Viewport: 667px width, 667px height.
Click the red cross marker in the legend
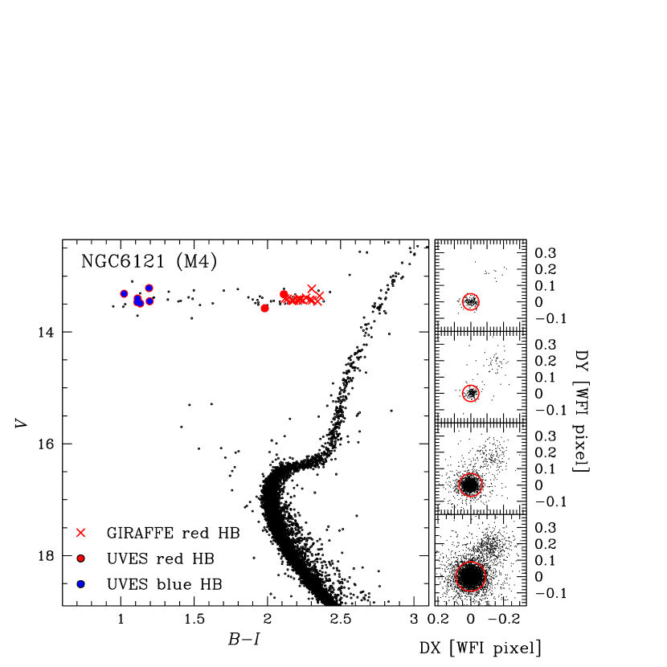[80, 533]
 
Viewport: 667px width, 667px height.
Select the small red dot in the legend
[80, 558]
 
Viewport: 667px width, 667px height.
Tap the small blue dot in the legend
[80, 583]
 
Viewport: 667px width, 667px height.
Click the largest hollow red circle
[471, 576]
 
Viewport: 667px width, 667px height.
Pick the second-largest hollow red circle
[471, 485]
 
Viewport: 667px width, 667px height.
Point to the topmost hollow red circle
[471, 301]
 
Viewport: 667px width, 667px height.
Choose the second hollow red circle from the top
[471, 393]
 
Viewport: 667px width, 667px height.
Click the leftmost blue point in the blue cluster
[124, 293]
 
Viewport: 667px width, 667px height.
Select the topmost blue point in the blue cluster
[149, 288]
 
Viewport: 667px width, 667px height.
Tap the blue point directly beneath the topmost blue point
[149, 301]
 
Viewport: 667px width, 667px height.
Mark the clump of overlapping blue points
[138, 301]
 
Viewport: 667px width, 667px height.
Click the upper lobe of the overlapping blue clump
[137, 298]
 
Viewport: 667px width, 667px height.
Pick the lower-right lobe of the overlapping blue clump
[141, 303]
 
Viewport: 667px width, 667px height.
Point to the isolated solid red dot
[264, 308]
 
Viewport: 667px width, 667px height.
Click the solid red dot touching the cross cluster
[284, 294]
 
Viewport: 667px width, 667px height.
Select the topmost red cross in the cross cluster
[312, 288]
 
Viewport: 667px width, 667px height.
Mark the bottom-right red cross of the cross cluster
[317, 302]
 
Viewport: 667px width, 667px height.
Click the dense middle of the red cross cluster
[301, 299]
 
